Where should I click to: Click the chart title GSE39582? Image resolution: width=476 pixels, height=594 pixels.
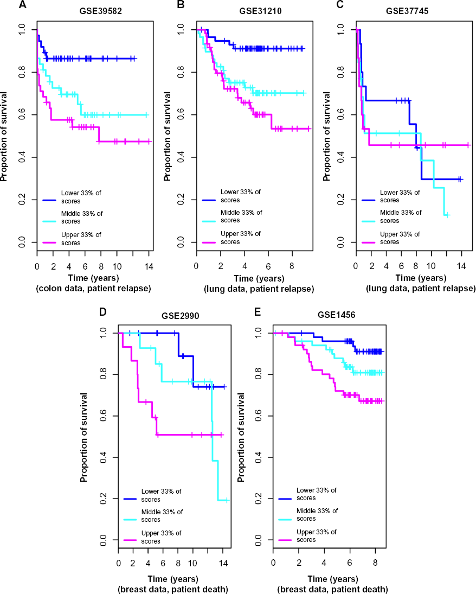point(101,11)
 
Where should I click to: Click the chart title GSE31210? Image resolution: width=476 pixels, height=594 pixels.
point(261,11)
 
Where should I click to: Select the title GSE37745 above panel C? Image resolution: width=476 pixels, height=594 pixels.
point(407,11)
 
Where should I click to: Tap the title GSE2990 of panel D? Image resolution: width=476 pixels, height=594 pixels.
point(180,316)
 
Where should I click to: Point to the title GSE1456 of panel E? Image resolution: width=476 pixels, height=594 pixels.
point(336,315)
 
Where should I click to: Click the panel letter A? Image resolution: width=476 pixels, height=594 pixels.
point(23,5)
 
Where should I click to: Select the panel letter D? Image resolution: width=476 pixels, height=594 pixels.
point(102,311)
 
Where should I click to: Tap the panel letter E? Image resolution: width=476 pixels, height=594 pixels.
point(258,311)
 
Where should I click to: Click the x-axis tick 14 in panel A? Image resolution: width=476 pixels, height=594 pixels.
point(149,266)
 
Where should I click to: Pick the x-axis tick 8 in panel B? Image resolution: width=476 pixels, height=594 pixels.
point(292,266)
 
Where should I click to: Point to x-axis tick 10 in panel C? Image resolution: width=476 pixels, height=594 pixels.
point(431,266)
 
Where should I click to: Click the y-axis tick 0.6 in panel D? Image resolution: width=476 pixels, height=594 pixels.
point(103,416)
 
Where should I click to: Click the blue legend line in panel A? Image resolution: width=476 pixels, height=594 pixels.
point(50,200)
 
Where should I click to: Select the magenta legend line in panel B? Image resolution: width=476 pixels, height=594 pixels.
point(209,242)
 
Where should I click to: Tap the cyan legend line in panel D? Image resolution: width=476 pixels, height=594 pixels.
point(130,520)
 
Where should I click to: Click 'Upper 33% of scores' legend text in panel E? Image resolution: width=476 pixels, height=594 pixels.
point(317,535)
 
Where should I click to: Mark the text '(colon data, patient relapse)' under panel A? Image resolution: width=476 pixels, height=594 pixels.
point(94,289)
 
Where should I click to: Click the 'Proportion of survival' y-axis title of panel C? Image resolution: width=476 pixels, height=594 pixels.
point(326,136)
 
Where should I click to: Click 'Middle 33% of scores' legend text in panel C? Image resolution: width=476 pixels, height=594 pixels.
point(401,216)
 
